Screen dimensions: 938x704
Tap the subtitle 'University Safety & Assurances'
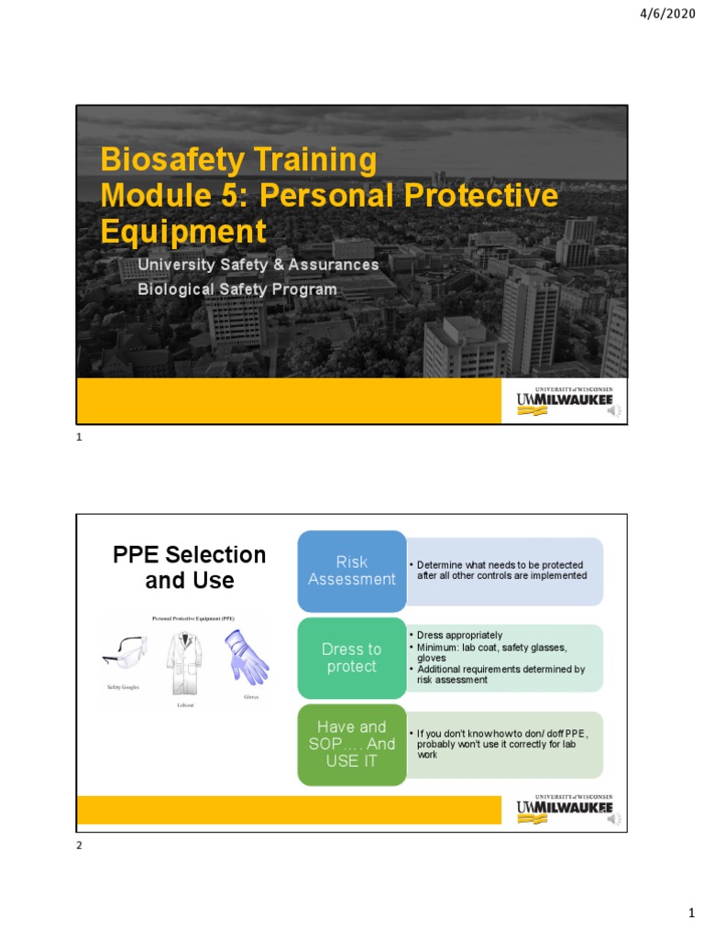[258, 265]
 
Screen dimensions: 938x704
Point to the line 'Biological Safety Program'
[237, 289]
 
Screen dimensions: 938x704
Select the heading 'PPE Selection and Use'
[189, 567]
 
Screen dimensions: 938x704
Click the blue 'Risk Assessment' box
[352, 571]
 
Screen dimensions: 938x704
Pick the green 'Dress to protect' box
[352, 658]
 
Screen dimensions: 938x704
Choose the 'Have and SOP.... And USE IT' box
[352, 744]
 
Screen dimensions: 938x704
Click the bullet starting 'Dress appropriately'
[459, 635]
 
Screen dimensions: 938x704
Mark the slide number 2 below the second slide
[79, 845]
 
